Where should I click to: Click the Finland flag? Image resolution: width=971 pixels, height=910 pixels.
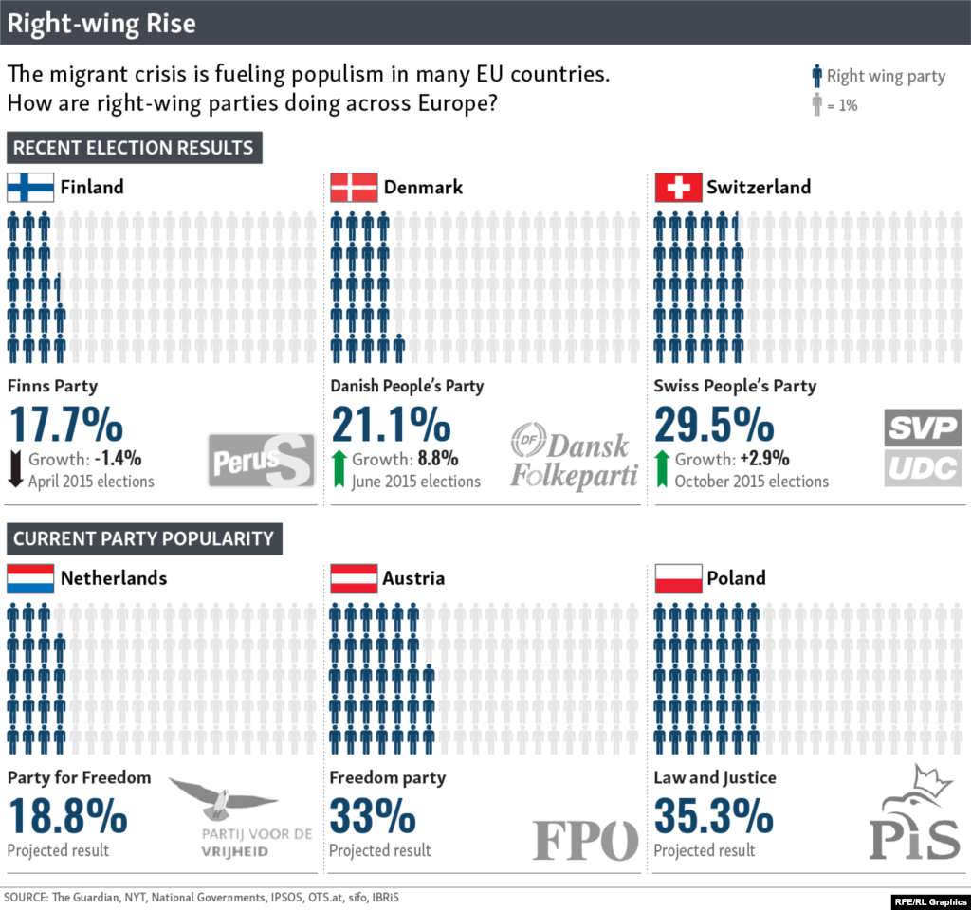coord(30,187)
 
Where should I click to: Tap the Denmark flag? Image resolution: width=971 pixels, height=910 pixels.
coord(354,187)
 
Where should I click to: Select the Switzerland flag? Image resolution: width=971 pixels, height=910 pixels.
coord(678,187)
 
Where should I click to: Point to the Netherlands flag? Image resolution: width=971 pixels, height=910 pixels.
coord(30,578)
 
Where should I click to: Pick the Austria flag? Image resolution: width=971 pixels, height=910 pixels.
coord(354,578)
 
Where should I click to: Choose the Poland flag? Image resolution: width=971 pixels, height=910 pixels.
coord(678,578)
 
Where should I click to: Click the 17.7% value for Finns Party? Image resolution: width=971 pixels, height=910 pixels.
coord(68,424)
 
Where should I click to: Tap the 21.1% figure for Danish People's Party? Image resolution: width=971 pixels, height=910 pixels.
coord(391,424)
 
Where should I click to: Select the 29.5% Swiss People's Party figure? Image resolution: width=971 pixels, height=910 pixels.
coord(714,424)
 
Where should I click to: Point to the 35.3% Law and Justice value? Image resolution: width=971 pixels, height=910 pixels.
coord(714,816)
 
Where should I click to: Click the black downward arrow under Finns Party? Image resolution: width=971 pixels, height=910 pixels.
coord(15,469)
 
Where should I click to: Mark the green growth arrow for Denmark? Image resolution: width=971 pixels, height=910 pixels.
coord(339,469)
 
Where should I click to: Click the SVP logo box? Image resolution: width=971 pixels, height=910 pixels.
coord(923,428)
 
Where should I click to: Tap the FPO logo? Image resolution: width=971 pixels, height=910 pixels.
coord(585,840)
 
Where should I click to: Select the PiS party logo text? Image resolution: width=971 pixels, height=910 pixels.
coord(914,838)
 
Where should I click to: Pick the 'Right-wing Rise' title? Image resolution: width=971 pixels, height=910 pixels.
coord(102,24)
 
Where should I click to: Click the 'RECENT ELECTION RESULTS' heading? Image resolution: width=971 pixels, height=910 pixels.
coord(134,148)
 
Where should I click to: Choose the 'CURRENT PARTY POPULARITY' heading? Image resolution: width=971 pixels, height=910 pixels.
coord(143,539)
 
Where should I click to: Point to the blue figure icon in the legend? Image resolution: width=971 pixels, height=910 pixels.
coord(815,77)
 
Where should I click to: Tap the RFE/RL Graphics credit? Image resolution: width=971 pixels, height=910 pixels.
coord(928,899)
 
